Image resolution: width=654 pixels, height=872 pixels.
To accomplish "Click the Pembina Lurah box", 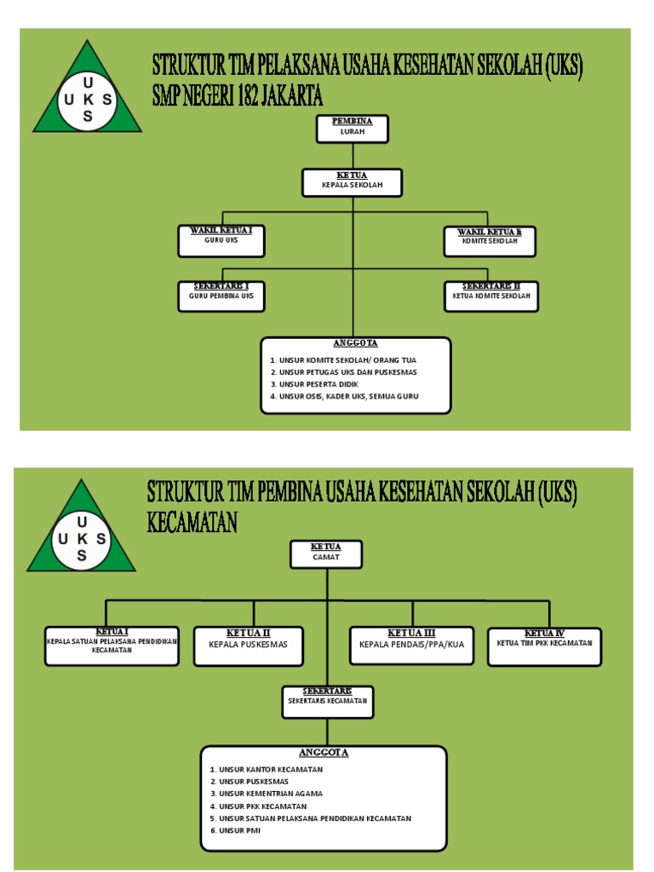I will coord(353,129).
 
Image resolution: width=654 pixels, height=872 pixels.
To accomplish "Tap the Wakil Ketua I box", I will coord(221,240).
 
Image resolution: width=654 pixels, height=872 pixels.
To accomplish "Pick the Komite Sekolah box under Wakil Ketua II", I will coord(491,240).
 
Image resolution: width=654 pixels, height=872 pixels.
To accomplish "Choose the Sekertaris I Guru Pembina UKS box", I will coord(221,295).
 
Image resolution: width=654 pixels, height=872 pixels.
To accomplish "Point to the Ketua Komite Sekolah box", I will coord(491,295).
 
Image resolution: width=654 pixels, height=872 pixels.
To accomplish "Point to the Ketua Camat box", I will coord(326,554).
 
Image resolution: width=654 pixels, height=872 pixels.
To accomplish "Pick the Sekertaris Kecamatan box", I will coord(327,700).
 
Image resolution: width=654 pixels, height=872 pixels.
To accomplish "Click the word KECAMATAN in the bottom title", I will coord(192,522).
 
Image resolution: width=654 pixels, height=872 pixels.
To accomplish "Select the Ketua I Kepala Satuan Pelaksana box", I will coord(112,645).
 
